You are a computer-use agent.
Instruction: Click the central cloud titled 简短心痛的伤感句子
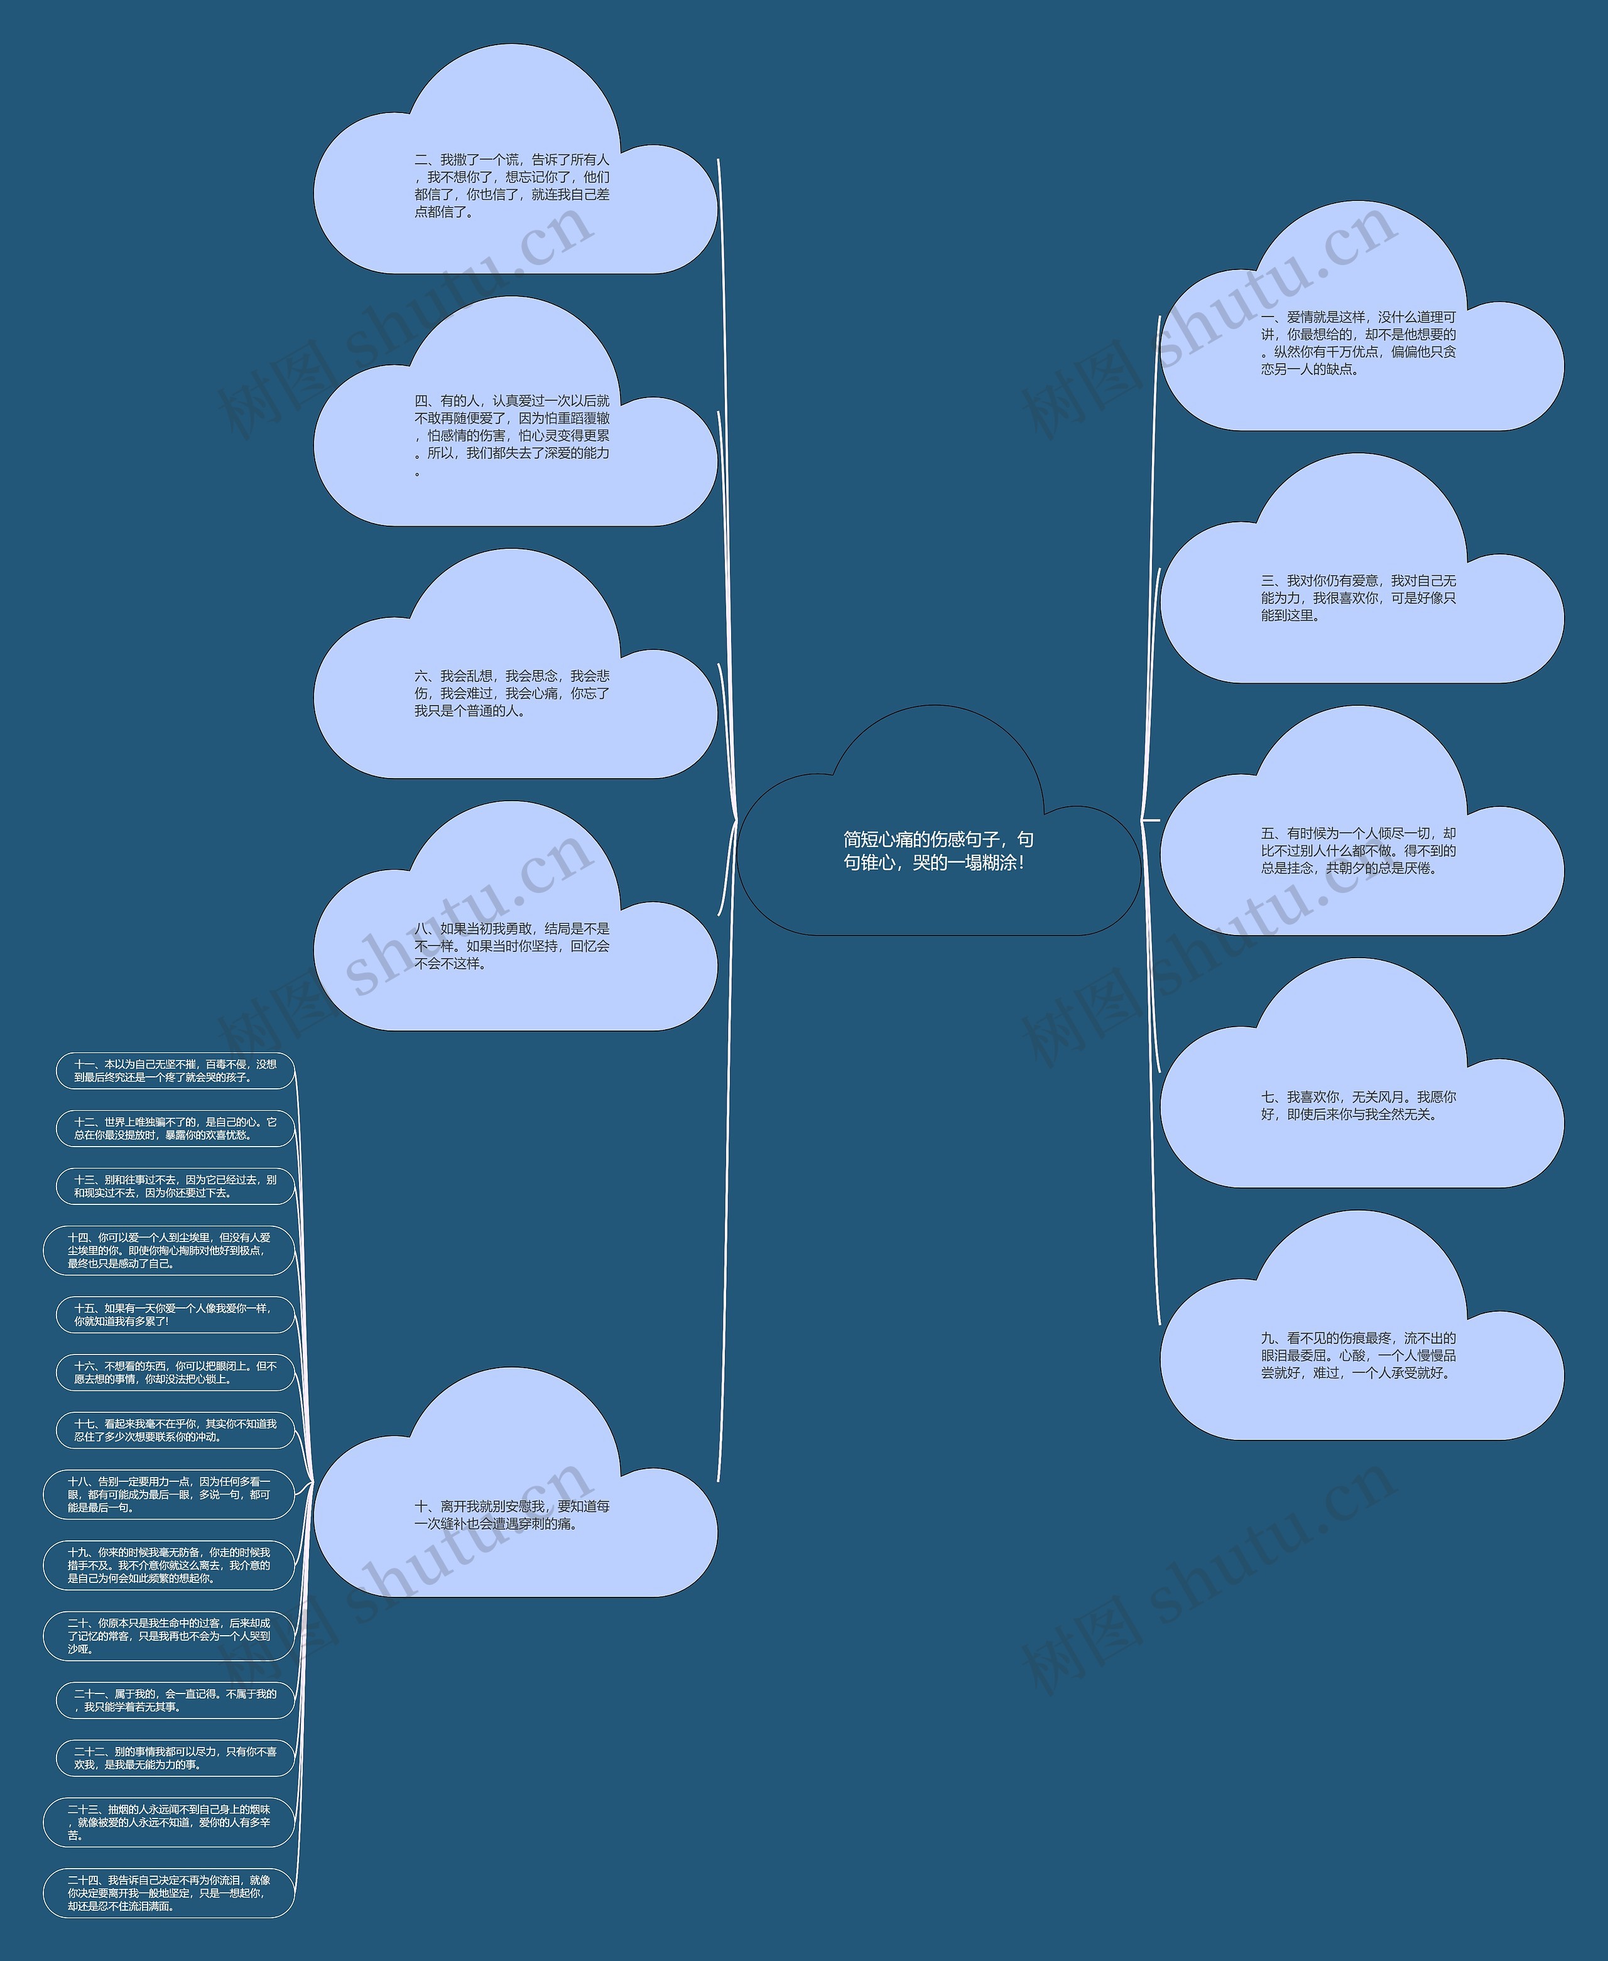click(x=937, y=850)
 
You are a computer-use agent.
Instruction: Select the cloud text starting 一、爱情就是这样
click(x=1358, y=343)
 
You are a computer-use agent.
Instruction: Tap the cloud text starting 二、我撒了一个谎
click(x=511, y=185)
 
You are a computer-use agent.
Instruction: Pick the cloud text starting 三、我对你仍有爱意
click(x=1358, y=597)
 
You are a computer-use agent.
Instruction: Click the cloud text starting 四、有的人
click(x=511, y=435)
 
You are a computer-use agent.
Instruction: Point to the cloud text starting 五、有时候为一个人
click(x=1358, y=850)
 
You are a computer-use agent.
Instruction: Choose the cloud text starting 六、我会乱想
click(x=511, y=693)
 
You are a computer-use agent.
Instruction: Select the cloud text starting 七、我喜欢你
click(x=1358, y=1105)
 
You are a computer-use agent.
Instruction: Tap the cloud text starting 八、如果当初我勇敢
click(x=511, y=945)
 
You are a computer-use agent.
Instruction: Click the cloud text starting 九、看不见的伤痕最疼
click(x=1358, y=1354)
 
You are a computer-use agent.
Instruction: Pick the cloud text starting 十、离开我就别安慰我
click(x=511, y=1515)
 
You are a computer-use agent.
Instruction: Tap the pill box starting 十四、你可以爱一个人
click(x=168, y=1250)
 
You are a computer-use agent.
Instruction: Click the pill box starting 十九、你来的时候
click(x=168, y=1565)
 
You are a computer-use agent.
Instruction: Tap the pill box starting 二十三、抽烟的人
click(x=168, y=1821)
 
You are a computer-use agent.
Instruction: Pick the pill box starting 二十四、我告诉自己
click(x=168, y=1893)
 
